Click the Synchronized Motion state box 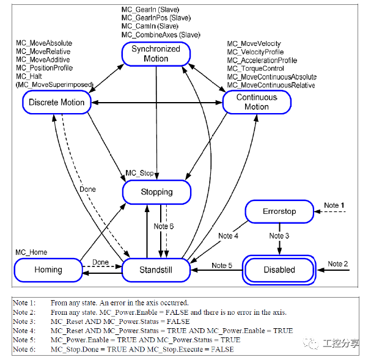(x=156, y=54)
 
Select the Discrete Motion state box (x=56, y=102)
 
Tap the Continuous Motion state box (x=257, y=101)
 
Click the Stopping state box (x=156, y=192)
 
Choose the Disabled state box (x=279, y=270)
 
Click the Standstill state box (x=156, y=270)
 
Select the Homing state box (x=48, y=270)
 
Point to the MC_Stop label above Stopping (x=139, y=174)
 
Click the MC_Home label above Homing (x=31, y=252)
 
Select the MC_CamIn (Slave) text (x=150, y=26)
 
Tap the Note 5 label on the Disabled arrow (x=221, y=265)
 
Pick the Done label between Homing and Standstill (x=100, y=262)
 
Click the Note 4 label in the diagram (x=228, y=235)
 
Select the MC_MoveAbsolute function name (x=44, y=43)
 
